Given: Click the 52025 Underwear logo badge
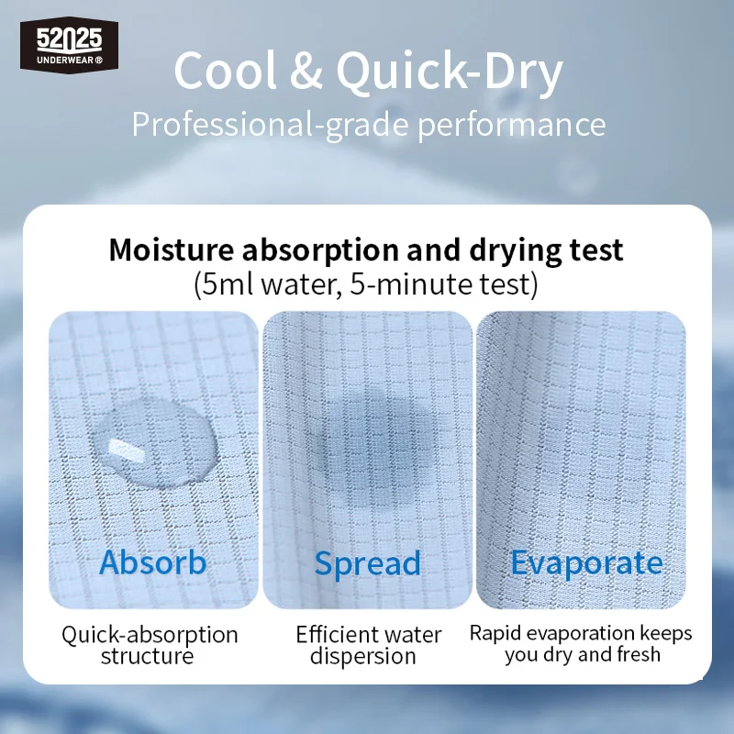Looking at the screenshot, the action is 69,45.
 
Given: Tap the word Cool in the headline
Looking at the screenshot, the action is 226,71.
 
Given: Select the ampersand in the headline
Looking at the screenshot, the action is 306,71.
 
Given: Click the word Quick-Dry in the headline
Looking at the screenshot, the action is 450,72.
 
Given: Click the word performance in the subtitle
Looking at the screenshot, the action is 512,126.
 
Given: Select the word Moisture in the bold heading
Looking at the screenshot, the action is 171,250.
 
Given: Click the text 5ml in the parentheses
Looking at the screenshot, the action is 228,284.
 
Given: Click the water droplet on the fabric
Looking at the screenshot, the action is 155,441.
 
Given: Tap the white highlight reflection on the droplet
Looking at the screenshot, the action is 125,449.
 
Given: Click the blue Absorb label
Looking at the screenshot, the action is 152,562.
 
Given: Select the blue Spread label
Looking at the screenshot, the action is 368,564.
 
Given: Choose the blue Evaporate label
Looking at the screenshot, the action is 586,563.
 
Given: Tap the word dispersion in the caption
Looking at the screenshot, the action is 362,657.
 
